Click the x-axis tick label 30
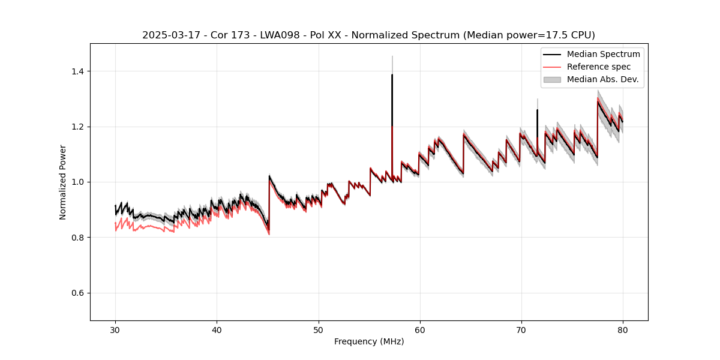pos(115,329)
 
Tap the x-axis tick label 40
pos(217,329)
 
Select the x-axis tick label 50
pos(318,329)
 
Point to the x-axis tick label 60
pos(419,329)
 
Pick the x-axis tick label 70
pos(521,329)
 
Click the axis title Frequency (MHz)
pos(369,341)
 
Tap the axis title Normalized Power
pos(63,182)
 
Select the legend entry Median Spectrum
pos(603,54)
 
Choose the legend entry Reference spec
pos(598,67)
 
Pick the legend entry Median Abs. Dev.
pos(602,79)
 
